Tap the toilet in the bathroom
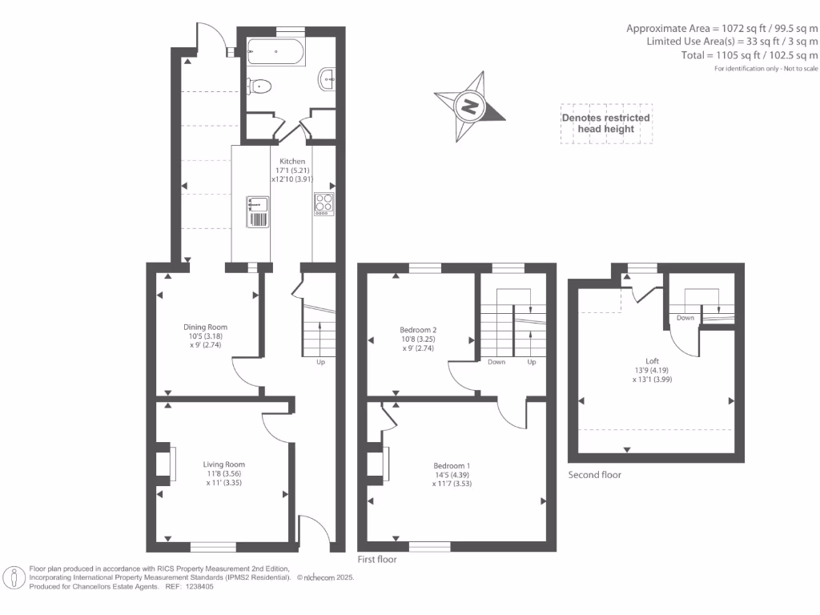coord(261,85)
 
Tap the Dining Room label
coord(206,327)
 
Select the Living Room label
coord(223,464)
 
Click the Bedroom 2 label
coord(418,329)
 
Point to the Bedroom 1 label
coord(452,466)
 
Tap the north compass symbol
coord(469,106)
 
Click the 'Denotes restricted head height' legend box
coord(605,123)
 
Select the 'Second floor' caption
coord(594,475)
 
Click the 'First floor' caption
coord(376,560)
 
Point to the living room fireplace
coord(166,464)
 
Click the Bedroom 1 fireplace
coord(378,462)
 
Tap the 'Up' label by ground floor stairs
coord(320,362)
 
